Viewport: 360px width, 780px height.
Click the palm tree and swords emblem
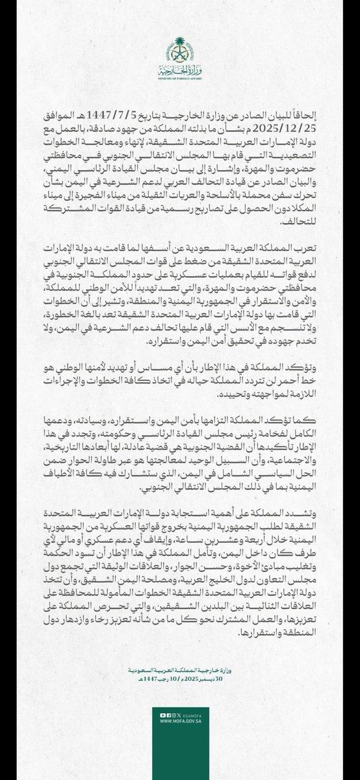click(180, 48)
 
